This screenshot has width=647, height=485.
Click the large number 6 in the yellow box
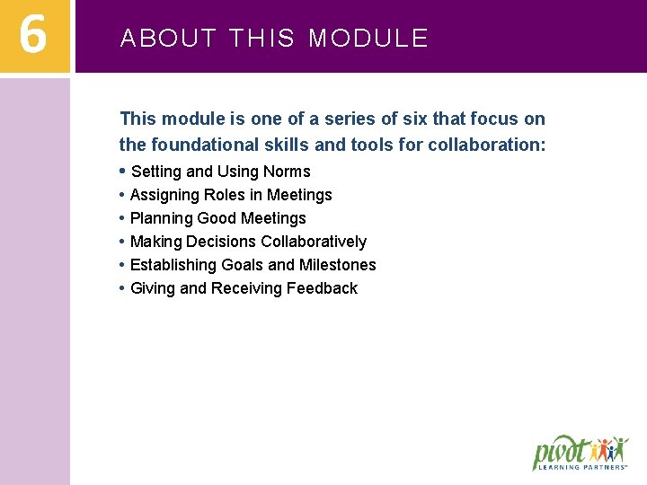[33, 36]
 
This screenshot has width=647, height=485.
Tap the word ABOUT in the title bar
[168, 39]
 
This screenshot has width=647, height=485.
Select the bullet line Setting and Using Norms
[220, 172]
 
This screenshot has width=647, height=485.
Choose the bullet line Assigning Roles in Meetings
[231, 195]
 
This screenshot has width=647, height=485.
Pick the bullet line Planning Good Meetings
[217, 218]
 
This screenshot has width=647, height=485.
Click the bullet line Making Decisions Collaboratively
[248, 242]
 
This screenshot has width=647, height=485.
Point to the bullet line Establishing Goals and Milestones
[253, 265]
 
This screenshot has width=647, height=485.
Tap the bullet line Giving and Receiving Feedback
[244, 288]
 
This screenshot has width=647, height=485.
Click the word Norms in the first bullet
[287, 172]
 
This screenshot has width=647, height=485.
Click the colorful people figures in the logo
[614, 448]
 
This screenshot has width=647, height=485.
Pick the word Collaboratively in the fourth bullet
[314, 242]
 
